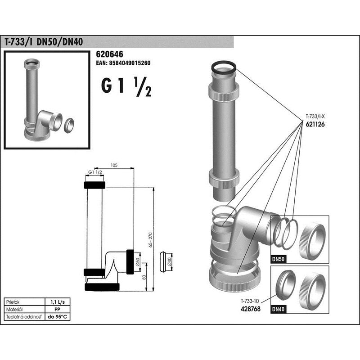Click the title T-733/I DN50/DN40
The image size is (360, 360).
44,42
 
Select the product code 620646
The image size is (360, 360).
109,54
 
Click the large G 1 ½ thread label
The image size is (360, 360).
126,86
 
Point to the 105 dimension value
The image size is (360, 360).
114,165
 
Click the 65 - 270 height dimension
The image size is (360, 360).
151,240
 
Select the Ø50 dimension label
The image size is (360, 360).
137,262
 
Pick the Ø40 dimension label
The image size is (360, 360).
170,262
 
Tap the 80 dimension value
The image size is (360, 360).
144,277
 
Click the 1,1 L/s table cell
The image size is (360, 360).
58,302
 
